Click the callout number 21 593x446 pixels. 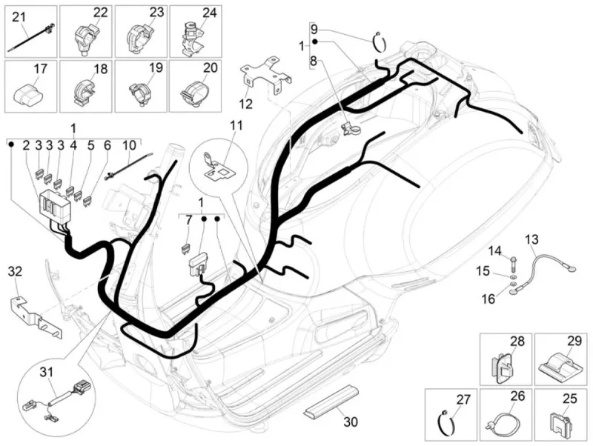(x=19, y=16)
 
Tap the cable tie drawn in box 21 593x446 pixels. (x=31, y=39)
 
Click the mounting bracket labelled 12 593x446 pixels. (x=267, y=76)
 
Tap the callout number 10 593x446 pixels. (x=129, y=144)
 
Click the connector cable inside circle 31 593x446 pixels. (x=58, y=402)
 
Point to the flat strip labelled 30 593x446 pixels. (x=330, y=402)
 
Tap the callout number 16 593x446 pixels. (x=488, y=299)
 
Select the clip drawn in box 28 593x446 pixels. (x=503, y=367)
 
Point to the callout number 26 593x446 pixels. (x=517, y=396)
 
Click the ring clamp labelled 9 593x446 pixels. (x=380, y=41)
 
